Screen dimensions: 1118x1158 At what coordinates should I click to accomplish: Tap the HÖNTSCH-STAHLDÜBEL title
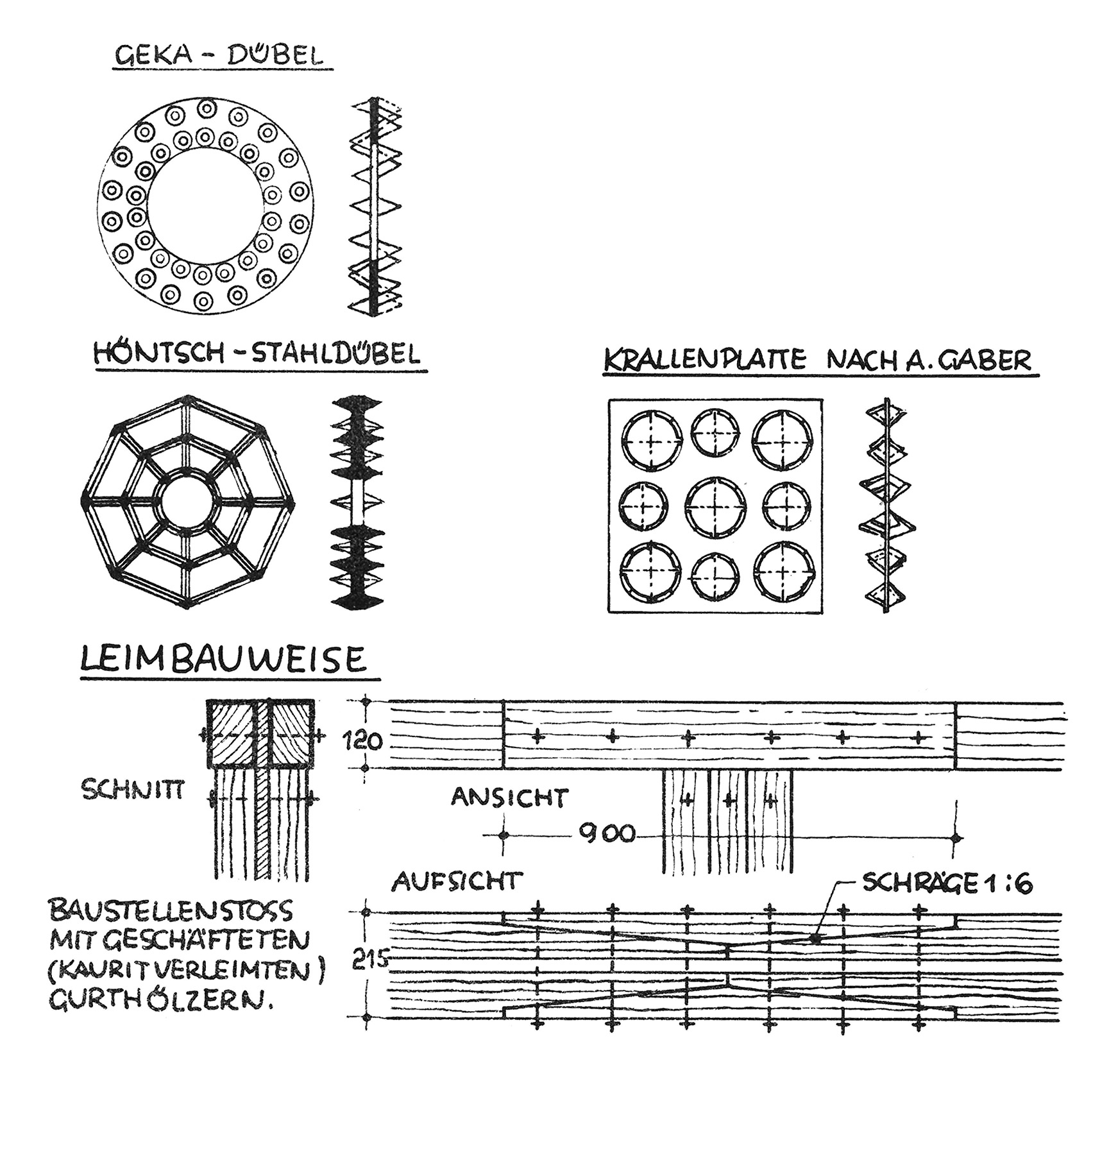click(x=258, y=354)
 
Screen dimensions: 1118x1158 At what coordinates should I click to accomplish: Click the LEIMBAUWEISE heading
click(x=223, y=660)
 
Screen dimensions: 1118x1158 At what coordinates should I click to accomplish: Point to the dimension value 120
click(x=363, y=742)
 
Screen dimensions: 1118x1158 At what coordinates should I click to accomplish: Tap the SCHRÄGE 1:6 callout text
click(x=947, y=884)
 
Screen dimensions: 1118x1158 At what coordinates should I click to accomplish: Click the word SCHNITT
click(x=133, y=790)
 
